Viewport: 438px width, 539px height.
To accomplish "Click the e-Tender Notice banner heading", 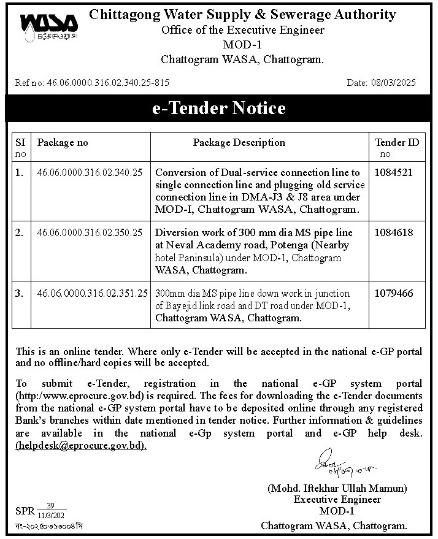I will click(x=219, y=109).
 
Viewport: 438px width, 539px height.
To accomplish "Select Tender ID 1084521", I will click(x=392, y=173).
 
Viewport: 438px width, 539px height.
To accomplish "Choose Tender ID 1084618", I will click(x=392, y=233).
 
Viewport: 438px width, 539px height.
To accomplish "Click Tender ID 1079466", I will click(x=392, y=294).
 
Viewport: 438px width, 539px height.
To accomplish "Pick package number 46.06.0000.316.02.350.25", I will click(x=90, y=233).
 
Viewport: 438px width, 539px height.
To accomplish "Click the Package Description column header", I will click(x=239, y=142).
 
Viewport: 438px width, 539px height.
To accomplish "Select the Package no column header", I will click(x=63, y=142).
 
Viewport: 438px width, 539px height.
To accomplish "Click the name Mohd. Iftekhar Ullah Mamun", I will click(x=337, y=489).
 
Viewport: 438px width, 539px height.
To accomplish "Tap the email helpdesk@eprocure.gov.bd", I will click(x=81, y=446).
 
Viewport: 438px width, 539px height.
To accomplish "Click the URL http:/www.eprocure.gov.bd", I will click(x=83, y=396).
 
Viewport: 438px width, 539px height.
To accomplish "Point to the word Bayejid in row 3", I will click(x=182, y=306).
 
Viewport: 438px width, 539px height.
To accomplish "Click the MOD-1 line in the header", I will click(x=242, y=45).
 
